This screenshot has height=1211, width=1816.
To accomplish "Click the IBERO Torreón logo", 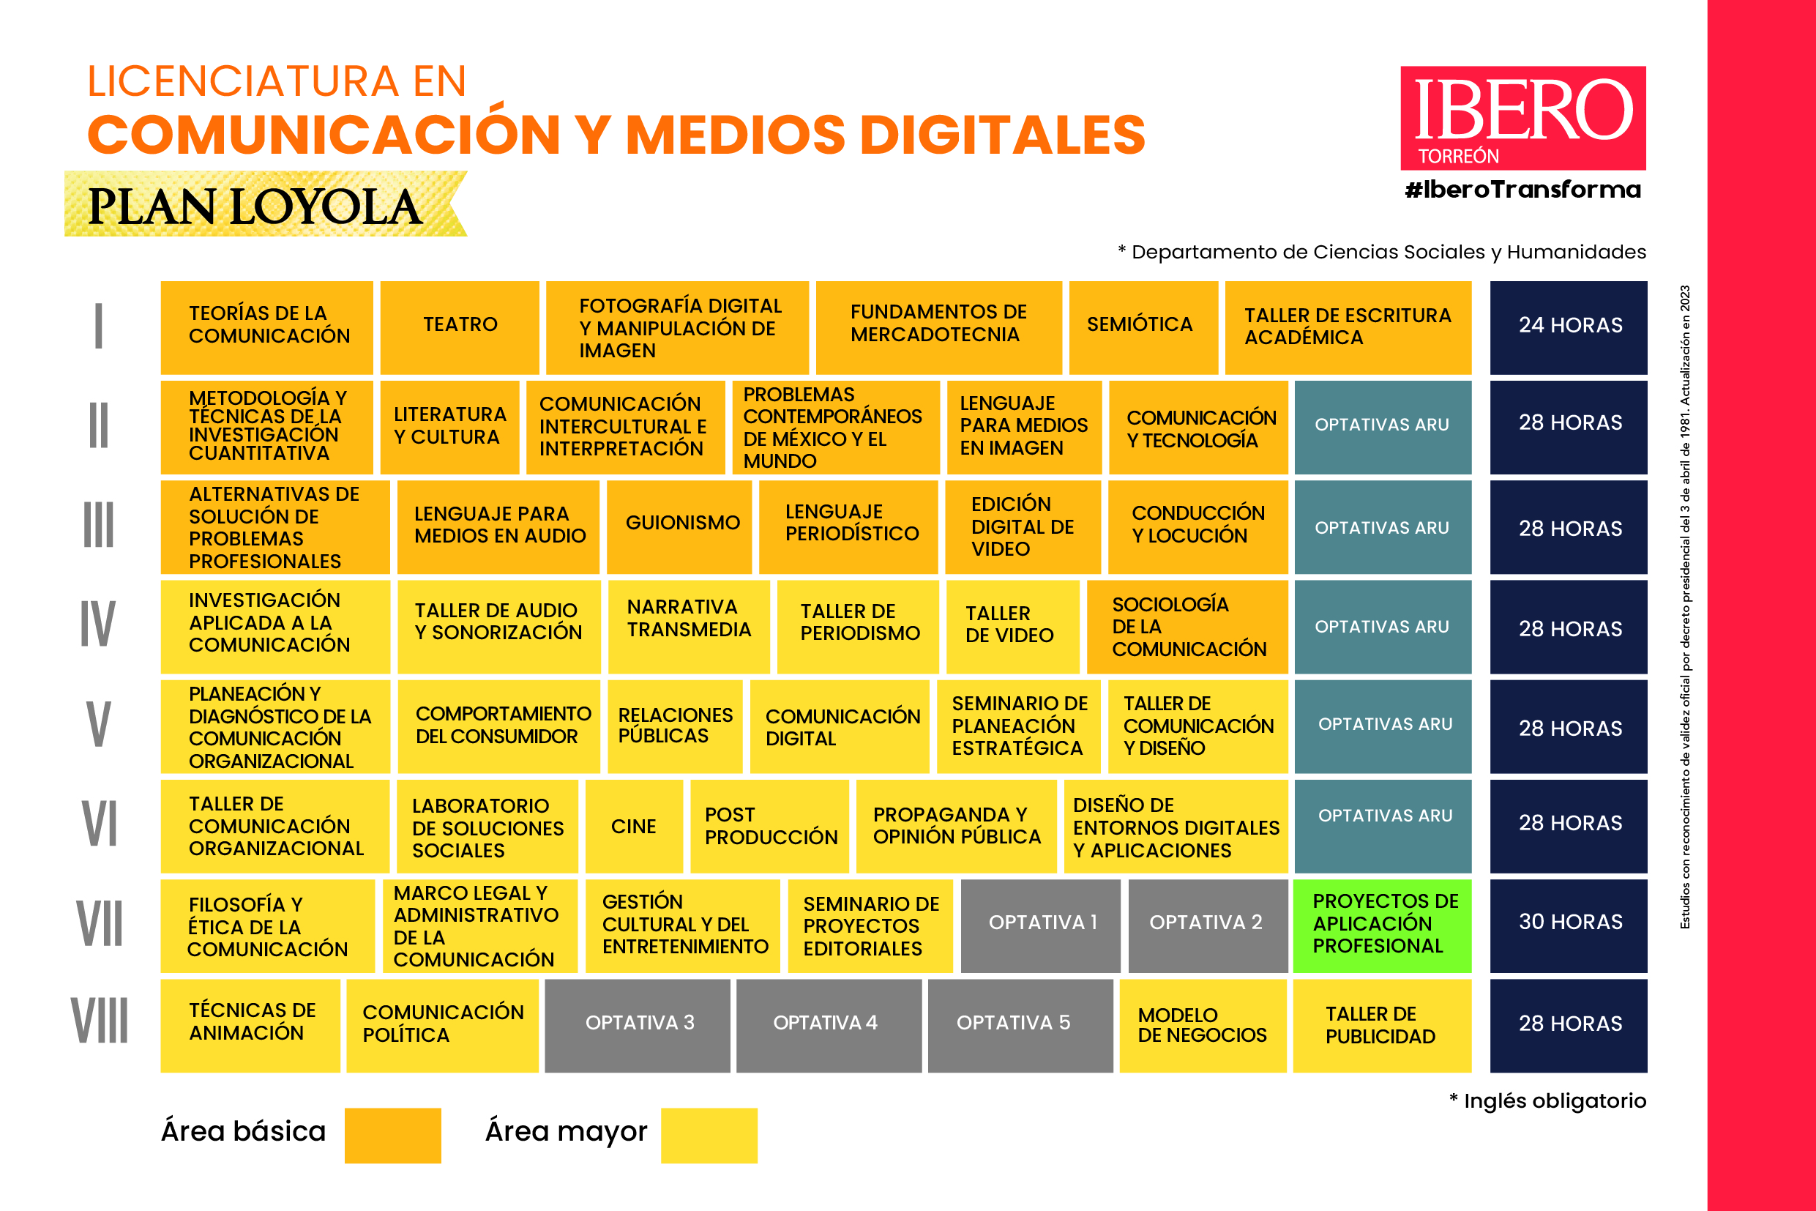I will click(x=1522, y=118).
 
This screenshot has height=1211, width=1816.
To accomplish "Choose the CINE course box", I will click(x=634, y=826).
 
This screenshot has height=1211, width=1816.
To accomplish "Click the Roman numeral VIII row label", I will click(x=100, y=1022).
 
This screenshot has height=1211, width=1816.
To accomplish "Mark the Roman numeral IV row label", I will click(x=98, y=624).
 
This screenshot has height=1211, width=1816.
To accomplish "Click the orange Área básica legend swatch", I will click(x=392, y=1135).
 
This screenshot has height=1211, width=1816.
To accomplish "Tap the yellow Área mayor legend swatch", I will click(x=709, y=1135).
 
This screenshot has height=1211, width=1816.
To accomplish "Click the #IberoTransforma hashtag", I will click(x=1522, y=190).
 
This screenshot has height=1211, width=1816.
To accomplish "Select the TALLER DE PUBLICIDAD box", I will click(x=1381, y=1025).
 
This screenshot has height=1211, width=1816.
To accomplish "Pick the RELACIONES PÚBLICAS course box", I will click(x=675, y=726).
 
